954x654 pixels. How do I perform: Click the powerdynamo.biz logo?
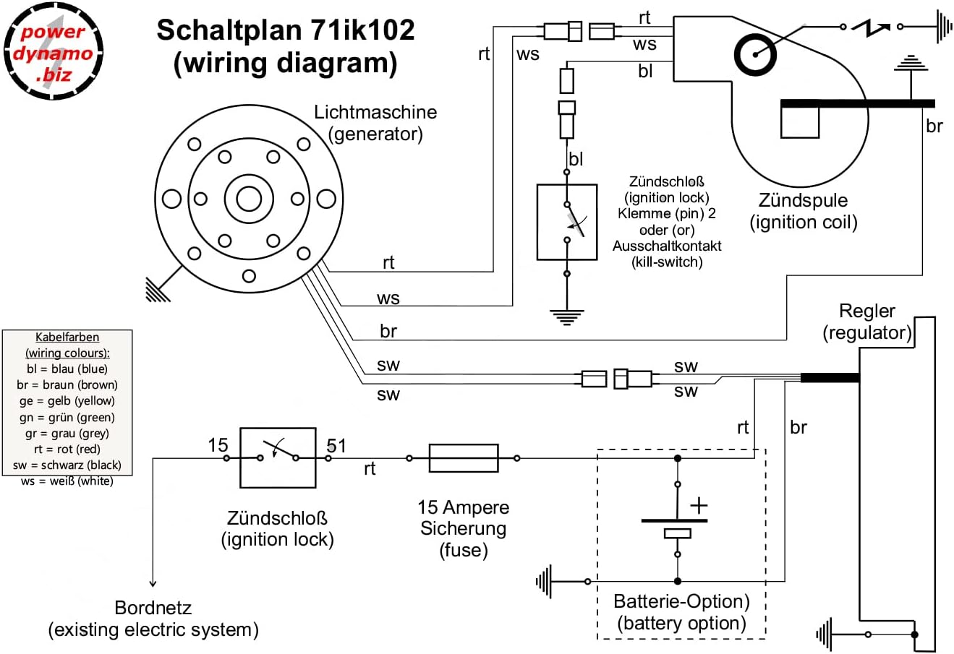[52, 51]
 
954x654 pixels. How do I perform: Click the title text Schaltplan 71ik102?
[286, 30]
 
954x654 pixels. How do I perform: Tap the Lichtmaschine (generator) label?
[375, 123]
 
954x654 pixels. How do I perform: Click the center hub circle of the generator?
[248, 198]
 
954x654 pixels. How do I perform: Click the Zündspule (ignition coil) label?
[803, 211]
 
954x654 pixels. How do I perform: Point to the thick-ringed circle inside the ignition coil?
[754, 53]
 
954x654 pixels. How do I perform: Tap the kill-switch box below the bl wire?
[567, 222]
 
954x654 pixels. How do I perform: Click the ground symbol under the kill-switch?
[567, 316]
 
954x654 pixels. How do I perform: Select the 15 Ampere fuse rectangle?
[464, 458]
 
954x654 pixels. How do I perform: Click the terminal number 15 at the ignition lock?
[218, 445]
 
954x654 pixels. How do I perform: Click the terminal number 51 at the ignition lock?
[336, 445]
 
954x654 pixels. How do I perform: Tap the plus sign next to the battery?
[699, 505]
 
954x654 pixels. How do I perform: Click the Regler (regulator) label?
[866, 322]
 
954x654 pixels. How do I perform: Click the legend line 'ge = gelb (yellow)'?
[67, 401]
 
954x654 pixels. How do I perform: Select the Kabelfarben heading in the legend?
[67, 337]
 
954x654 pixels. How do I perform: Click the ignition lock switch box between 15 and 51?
[278, 457]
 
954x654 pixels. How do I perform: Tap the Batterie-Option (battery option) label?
[681, 612]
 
